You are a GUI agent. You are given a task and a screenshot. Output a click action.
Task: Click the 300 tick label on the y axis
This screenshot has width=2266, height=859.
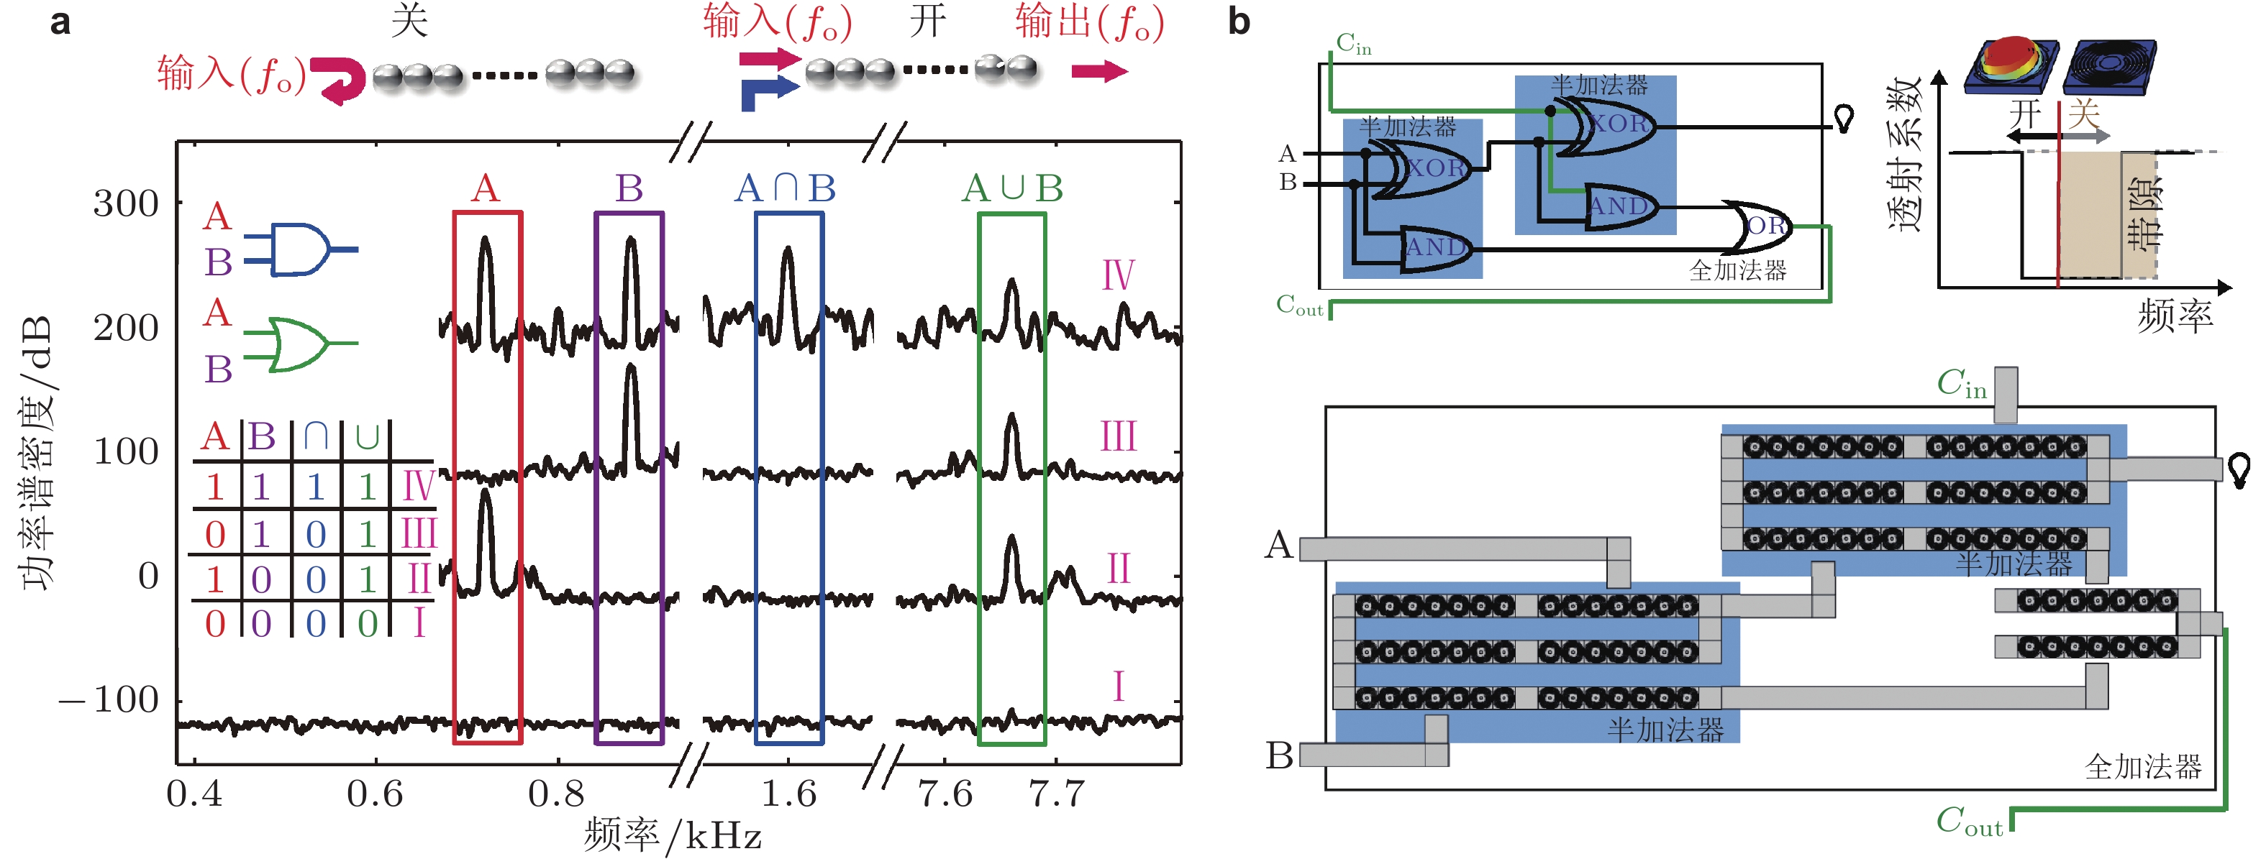(x=126, y=205)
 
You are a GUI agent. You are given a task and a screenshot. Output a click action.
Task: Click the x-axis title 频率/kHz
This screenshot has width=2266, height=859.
(x=672, y=835)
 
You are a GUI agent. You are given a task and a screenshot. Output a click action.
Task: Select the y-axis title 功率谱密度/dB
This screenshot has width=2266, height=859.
(x=37, y=454)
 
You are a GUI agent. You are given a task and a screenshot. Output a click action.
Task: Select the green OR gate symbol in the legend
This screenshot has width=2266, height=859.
(x=300, y=344)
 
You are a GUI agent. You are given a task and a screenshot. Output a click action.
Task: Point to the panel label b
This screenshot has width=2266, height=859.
(x=1239, y=22)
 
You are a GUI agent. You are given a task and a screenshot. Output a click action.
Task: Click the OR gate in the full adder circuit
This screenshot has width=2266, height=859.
(x=1764, y=226)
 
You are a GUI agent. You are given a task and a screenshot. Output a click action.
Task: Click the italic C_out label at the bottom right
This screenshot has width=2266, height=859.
(x=1969, y=822)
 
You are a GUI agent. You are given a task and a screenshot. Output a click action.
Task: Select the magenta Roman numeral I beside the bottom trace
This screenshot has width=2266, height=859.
(x=1118, y=686)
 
